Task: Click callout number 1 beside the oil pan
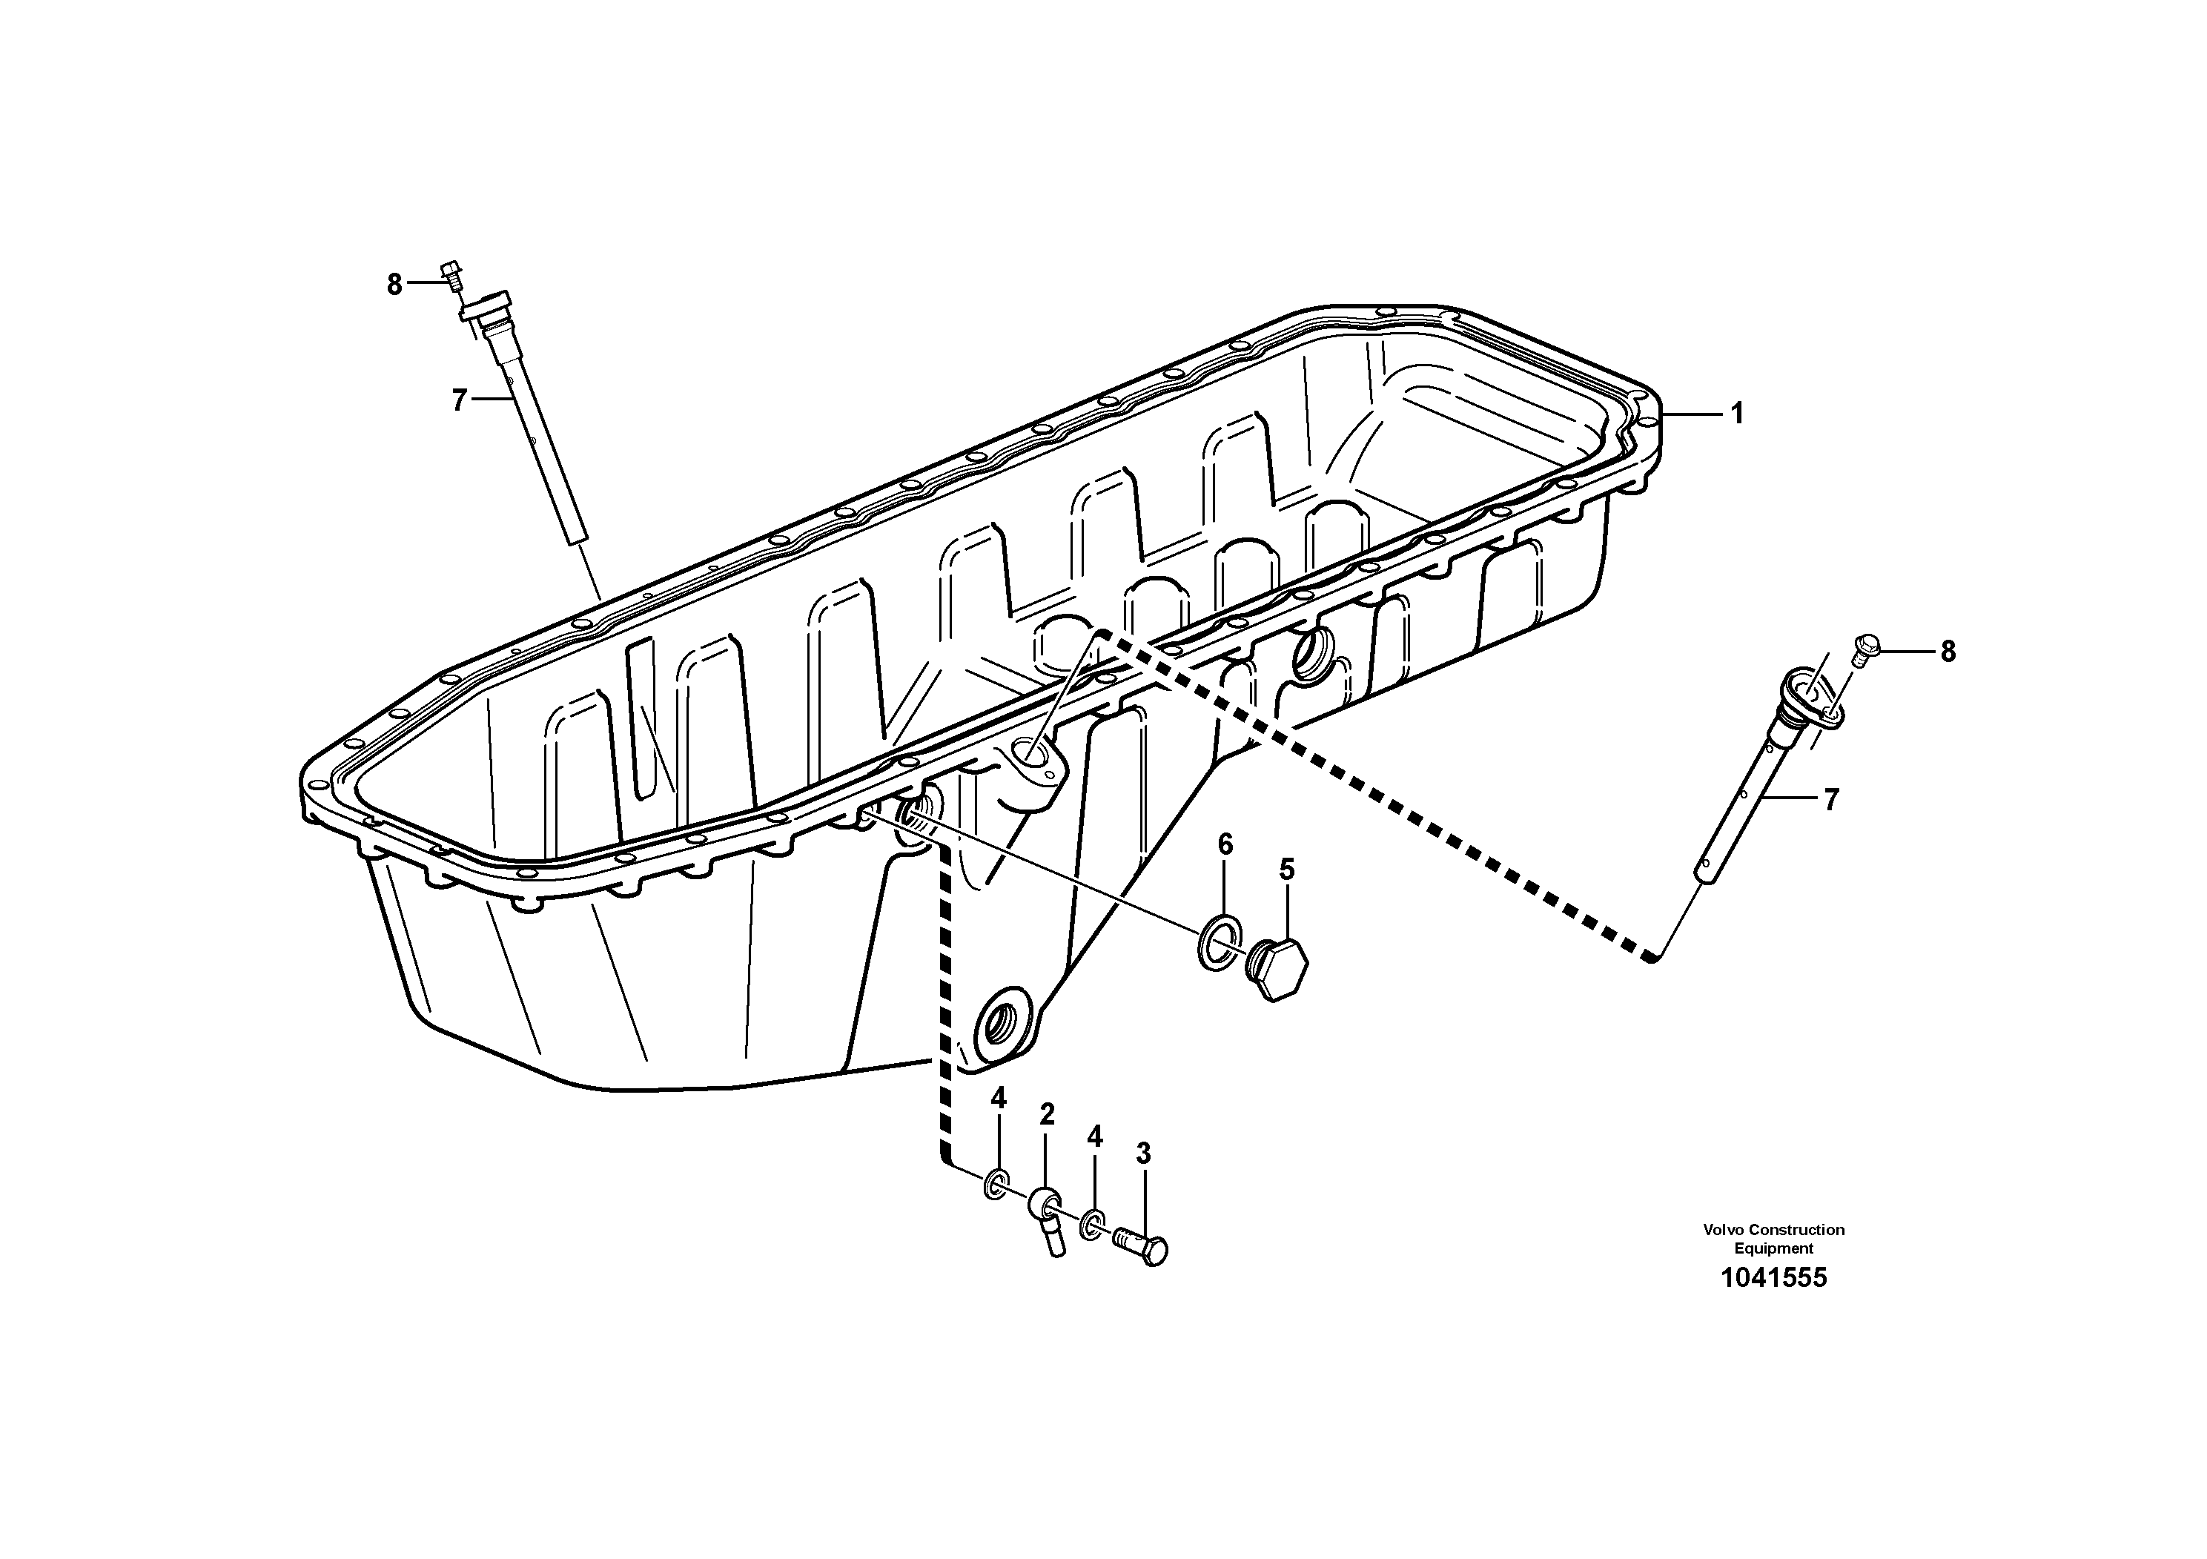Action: click(1736, 414)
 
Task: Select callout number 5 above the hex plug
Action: click(1286, 870)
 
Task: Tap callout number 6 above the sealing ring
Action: click(1225, 845)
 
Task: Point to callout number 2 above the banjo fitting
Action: click(1047, 1115)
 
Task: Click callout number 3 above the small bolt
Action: click(1143, 1153)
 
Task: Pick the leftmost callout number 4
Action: click(999, 1099)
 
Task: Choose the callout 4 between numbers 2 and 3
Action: click(1094, 1137)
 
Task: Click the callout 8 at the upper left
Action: click(394, 285)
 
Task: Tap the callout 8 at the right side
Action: click(1948, 652)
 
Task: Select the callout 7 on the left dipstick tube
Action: click(460, 400)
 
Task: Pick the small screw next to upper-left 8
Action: click(451, 274)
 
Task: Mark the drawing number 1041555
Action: click(1773, 1277)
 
